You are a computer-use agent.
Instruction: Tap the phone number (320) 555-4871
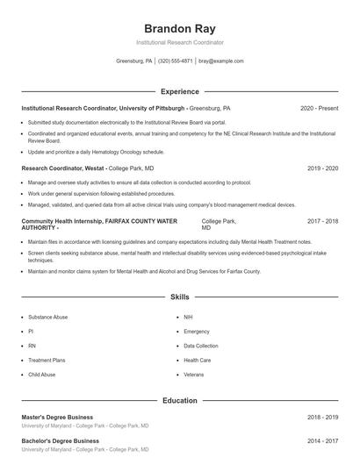pyautogui.click(x=176, y=61)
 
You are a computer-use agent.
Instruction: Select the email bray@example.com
pyautogui.click(x=220, y=61)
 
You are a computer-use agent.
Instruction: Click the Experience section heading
pyautogui.click(x=180, y=91)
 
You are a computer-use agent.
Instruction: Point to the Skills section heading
pyautogui.click(x=180, y=297)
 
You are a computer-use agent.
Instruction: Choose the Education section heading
pyautogui.click(x=180, y=401)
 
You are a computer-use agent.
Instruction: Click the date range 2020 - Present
pyautogui.click(x=319, y=108)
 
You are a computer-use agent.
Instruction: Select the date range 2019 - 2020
pyautogui.click(x=322, y=168)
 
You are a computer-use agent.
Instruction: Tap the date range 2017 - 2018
pyautogui.click(x=322, y=222)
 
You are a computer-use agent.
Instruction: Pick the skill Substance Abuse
pyautogui.click(x=47, y=317)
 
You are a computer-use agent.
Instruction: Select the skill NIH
pyautogui.click(x=188, y=317)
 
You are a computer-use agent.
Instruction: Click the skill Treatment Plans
pyautogui.click(x=47, y=361)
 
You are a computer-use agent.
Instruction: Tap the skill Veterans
pyautogui.click(x=194, y=375)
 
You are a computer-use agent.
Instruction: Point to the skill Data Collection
pyautogui.click(x=201, y=346)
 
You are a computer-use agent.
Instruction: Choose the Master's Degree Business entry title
pyautogui.click(x=58, y=418)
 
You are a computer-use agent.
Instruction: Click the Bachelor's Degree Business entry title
pyautogui.click(x=60, y=440)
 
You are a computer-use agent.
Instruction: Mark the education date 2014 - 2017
pyautogui.click(x=322, y=440)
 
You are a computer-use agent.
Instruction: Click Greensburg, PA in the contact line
pyautogui.click(x=134, y=61)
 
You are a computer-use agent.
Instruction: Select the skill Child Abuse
pyautogui.click(x=42, y=375)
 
